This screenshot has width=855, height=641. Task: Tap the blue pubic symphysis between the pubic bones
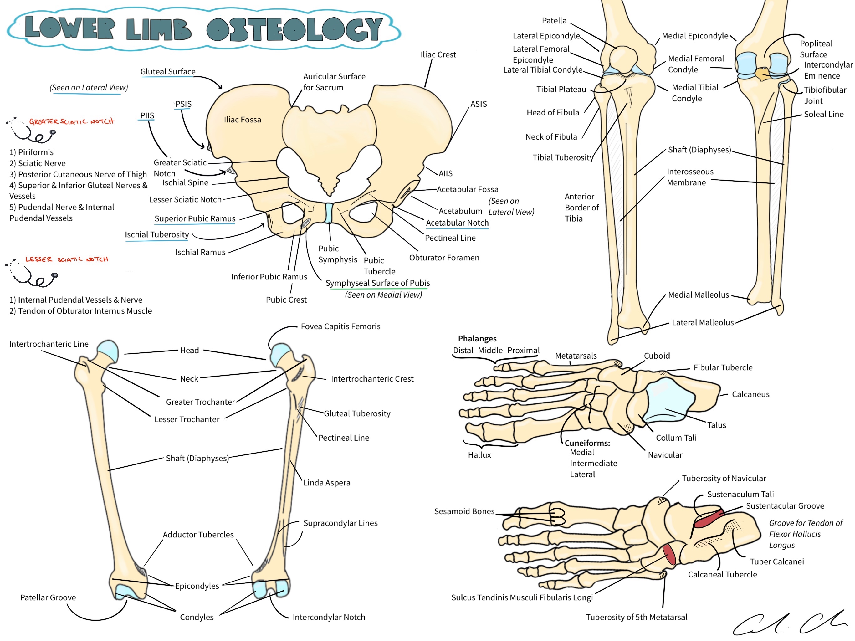(329, 213)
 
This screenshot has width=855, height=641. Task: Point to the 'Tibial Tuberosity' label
(562, 158)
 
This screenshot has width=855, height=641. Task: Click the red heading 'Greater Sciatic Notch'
(71, 122)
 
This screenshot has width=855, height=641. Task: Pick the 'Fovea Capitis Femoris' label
(340, 327)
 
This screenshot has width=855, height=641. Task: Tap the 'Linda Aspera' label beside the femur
(327, 483)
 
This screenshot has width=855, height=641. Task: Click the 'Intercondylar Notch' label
(329, 618)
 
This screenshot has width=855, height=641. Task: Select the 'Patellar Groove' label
(48, 598)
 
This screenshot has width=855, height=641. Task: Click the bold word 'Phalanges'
(477, 339)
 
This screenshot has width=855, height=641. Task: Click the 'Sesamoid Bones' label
(464, 511)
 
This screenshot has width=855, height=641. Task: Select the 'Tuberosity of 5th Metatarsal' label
(636, 618)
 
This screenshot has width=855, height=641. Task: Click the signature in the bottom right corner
(789, 623)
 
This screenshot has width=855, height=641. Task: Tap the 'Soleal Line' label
(823, 115)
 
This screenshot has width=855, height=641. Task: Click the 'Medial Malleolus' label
(698, 295)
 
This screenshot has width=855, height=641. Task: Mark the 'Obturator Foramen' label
(444, 258)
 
